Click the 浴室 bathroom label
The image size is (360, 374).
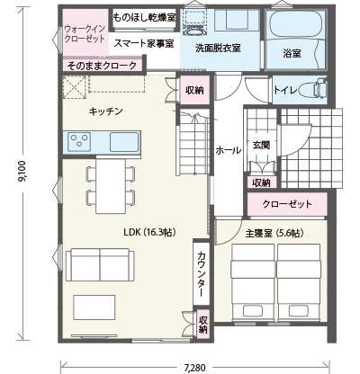[x=292, y=54]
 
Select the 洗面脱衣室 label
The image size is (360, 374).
[x=218, y=48]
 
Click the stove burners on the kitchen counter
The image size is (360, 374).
[x=79, y=140]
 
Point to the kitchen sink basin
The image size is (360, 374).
[x=124, y=142]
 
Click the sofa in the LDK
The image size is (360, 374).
[x=100, y=264]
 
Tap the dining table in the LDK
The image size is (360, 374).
[x=111, y=186]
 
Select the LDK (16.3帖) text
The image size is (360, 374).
[x=149, y=232]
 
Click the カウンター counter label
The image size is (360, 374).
[x=202, y=274]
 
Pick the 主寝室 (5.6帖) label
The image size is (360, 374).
[x=274, y=233]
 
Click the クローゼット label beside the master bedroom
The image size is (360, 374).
[x=287, y=204]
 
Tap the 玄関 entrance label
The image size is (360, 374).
[x=261, y=145]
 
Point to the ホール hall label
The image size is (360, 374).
[x=229, y=150]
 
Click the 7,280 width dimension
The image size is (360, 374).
[x=195, y=368]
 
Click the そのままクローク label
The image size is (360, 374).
[x=102, y=66]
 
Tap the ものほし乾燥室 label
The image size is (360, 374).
[x=144, y=17]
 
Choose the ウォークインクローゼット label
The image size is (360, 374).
[x=85, y=33]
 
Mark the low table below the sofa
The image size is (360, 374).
[x=94, y=307]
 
